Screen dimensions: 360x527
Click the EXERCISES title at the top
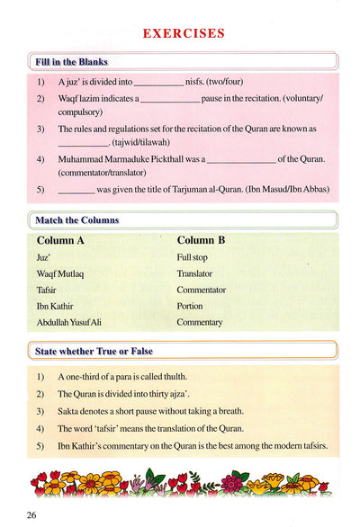coord(184,34)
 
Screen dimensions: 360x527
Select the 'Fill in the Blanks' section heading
coord(71,62)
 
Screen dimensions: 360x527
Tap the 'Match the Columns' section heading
coord(76,220)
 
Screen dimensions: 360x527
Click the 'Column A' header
coord(60,241)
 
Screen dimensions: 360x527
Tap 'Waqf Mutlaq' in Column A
coord(59,273)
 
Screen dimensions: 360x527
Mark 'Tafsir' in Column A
coord(47,290)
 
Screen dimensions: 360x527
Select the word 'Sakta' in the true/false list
coord(69,412)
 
